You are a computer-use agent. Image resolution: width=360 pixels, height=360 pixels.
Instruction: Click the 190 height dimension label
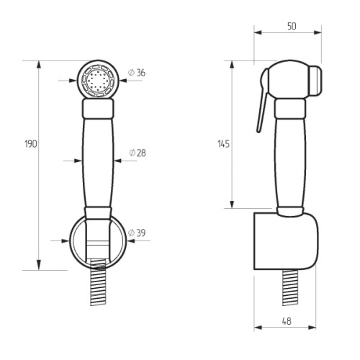coord(31,144)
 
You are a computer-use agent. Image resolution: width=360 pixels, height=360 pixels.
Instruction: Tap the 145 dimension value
coord(224,144)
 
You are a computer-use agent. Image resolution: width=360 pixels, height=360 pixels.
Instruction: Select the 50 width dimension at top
coord(292,26)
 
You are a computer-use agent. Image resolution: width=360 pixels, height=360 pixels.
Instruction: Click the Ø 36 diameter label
coord(137,73)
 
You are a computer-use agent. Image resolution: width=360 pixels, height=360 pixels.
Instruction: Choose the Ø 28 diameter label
coord(138,153)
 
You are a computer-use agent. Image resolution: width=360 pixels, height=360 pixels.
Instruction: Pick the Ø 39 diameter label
coord(137,233)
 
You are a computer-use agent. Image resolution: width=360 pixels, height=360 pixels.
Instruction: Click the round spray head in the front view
coord(98,80)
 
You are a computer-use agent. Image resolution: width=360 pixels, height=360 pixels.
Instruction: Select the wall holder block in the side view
coord(286,241)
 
